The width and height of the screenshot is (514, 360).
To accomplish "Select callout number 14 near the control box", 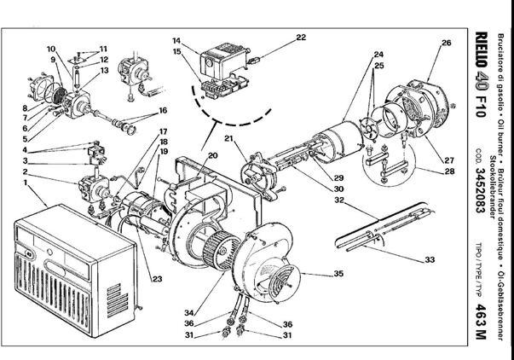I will click(x=176, y=40).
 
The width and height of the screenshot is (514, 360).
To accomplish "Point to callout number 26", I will click(x=446, y=42).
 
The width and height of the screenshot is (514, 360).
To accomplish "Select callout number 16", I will click(x=162, y=111).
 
